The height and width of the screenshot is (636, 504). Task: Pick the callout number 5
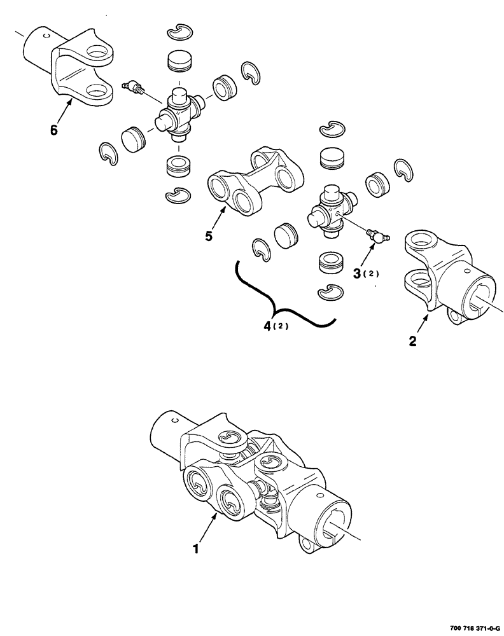click(x=209, y=236)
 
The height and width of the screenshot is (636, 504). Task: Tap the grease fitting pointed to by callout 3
click(x=377, y=236)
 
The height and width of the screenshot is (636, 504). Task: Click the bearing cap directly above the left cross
click(x=178, y=63)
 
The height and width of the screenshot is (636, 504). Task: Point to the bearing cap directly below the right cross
click(x=330, y=262)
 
